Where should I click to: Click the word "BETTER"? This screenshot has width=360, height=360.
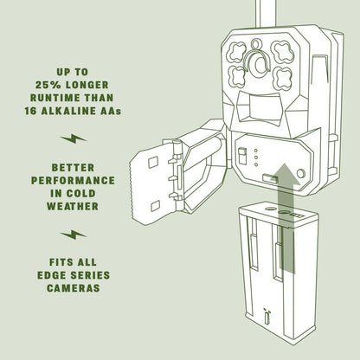[x=73, y=168]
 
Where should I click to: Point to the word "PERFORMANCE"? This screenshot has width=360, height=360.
[x=73, y=181]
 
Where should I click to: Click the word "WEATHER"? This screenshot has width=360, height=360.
[x=73, y=207]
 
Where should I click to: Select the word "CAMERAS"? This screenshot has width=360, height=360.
[x=74, y=288]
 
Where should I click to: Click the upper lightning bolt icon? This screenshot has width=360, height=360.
[x=74, y=138]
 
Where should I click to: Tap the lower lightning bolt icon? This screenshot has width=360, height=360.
[x=74, y=235]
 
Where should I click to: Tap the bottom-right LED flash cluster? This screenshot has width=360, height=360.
[x=282, y=79]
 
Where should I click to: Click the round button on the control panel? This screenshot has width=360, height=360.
[x=301, y=174]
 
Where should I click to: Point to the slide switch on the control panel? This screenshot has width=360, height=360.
[x=242, y=156]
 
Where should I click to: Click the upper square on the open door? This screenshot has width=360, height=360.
[x=153, y=163]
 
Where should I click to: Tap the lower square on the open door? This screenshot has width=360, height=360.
[x=156, y=206]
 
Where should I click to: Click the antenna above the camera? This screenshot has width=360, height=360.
[x=266, y=14]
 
